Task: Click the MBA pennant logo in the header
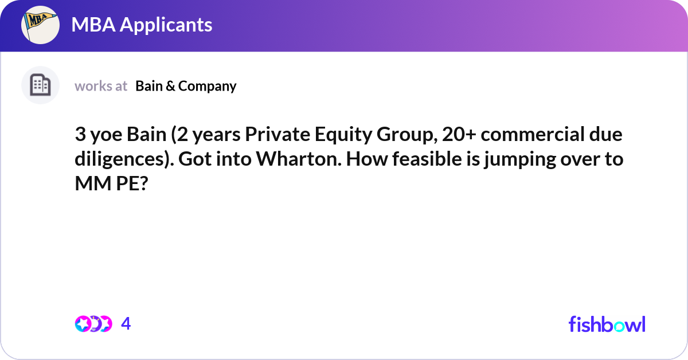[x=40, y=25]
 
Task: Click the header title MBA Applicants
[x=142, y=25]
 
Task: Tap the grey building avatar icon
[x=40, y=85]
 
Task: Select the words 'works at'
[x=101, y=86]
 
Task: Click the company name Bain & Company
[x=186, y=86]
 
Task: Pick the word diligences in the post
[x=120, y=159]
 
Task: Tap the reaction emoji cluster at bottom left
[x=93, y=324]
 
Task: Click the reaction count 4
[x=126, y=324]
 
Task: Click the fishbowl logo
[x=607, y=324]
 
